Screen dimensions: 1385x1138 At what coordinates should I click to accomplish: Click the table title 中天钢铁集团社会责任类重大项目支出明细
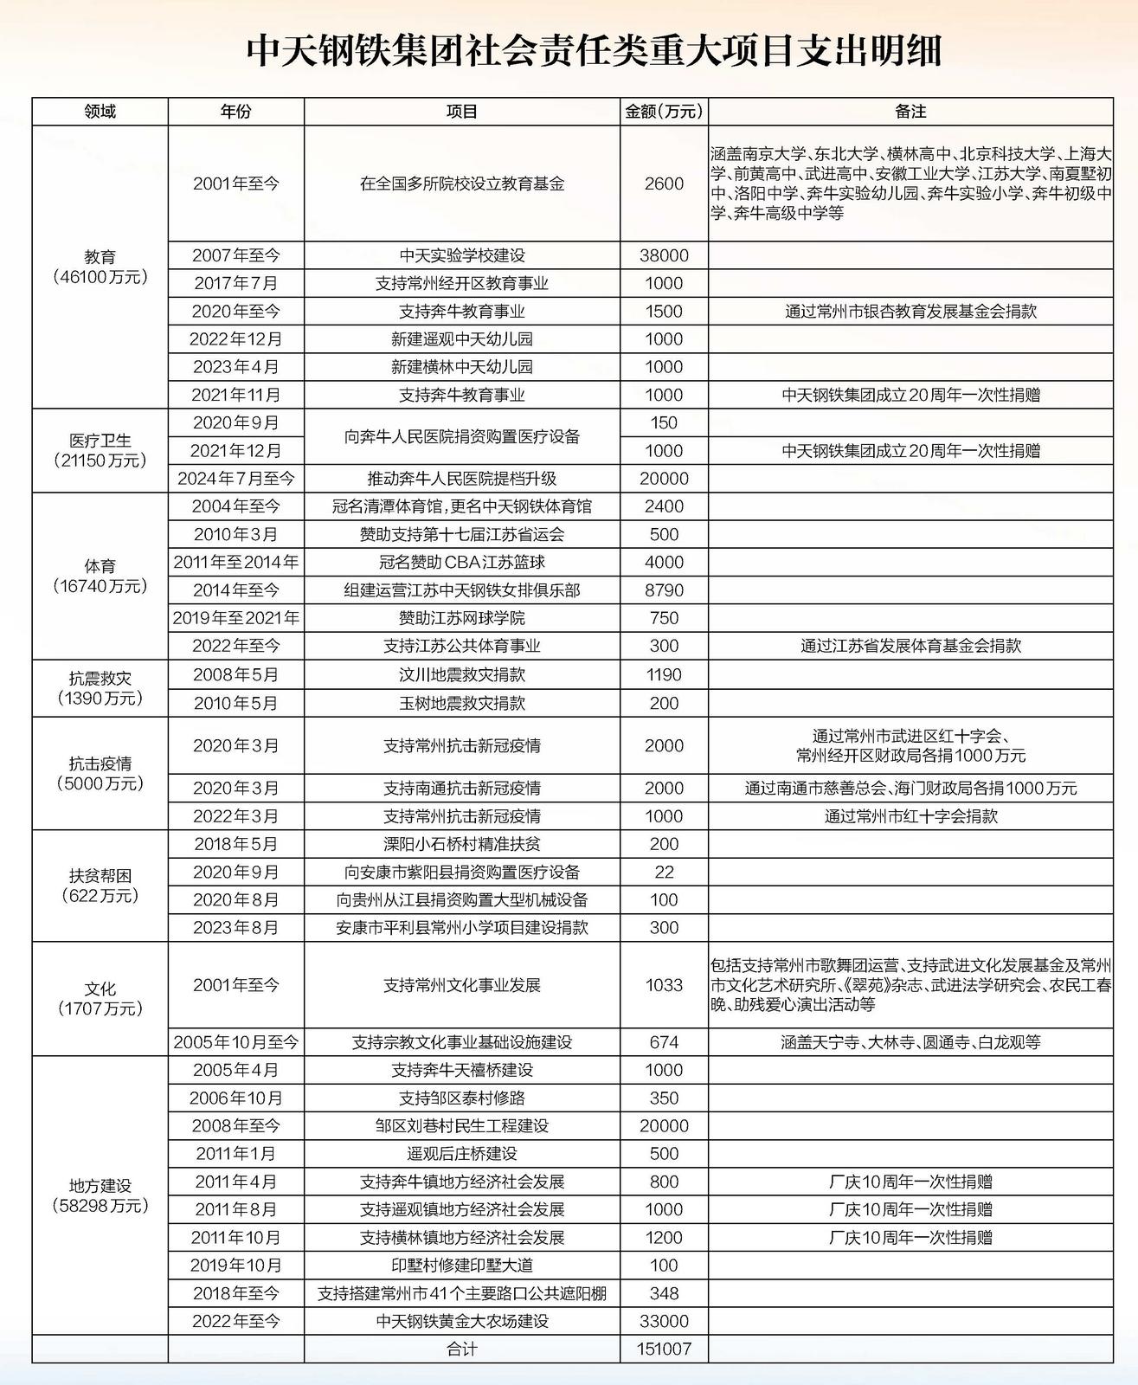(594, 51)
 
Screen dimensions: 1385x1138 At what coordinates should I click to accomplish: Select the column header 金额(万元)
(664, 112)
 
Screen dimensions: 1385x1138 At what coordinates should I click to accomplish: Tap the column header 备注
(910, 112)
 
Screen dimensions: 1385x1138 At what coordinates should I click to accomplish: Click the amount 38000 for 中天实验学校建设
(664, 255)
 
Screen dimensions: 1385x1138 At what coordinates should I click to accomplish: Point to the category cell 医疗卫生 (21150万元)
(100, 450)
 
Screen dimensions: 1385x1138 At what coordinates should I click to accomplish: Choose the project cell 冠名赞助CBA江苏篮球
(462, 562)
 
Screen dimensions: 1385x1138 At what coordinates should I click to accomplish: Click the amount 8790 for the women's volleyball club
(664, 590)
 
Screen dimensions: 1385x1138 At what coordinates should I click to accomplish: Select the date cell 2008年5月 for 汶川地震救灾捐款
(236, 674)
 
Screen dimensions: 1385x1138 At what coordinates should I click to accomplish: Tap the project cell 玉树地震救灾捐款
(462, 703)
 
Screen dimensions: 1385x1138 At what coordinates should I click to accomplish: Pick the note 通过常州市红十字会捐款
(910, 815)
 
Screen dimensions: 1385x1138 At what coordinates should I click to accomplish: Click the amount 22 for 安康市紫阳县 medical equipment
(664, 872)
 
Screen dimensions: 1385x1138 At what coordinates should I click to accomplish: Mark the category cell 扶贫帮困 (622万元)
(100, 886)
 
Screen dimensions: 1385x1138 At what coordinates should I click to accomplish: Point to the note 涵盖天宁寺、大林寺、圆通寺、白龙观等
(910, 1042)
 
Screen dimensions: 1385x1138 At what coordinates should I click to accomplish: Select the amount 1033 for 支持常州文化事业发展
(664, 985)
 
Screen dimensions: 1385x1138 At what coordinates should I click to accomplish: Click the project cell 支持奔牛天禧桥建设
(462, 1070)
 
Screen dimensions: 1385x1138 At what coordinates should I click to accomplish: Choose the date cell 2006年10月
(236, 1098)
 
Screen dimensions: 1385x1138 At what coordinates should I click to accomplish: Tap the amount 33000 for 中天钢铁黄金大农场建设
(664, 1321)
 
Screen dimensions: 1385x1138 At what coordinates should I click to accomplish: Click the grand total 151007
(664, 1349)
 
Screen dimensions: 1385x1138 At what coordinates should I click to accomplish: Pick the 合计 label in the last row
(462, 1349)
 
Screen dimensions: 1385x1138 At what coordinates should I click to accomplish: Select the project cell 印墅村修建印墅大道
(462, 1265)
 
